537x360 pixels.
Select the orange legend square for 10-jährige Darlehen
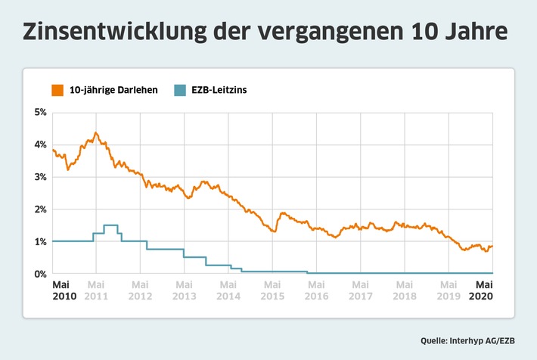[57, 90]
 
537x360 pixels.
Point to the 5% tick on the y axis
[39, 113]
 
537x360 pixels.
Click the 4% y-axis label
[39, 145]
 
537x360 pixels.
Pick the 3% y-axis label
[39, 177]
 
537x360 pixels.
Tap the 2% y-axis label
[39, 209]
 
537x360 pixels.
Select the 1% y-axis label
[39, 241]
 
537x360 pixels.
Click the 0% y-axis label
[39, 274]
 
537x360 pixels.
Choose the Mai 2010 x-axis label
[63, 290]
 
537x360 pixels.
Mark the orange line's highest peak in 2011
[95, 133]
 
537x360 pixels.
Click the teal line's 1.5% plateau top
[110, 225]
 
